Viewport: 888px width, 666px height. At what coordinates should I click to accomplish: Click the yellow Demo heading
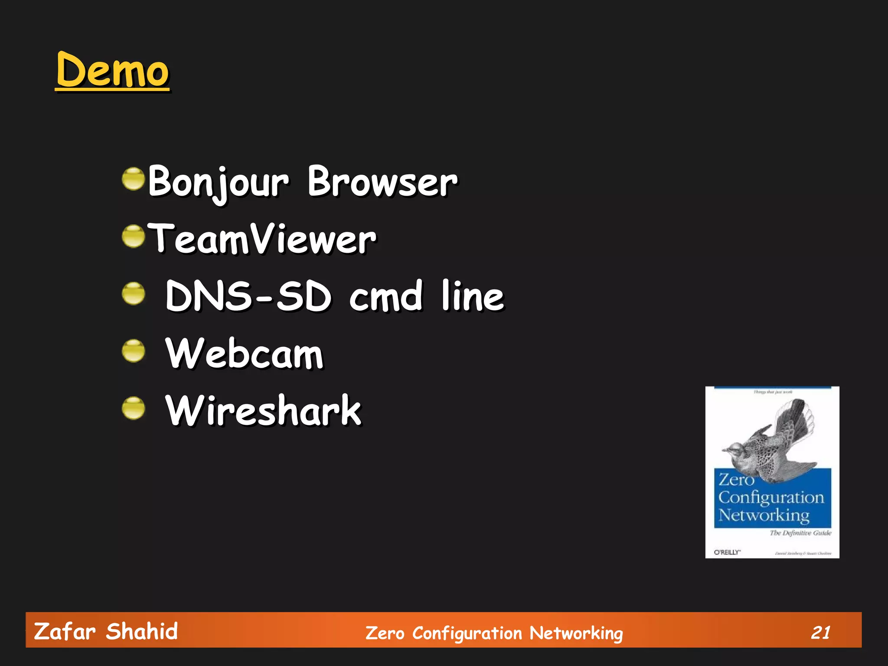[x=112, y=70]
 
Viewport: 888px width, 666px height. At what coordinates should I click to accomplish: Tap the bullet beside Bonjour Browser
[x=133, y=179]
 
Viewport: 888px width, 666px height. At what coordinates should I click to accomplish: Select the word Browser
[x=382, y=182]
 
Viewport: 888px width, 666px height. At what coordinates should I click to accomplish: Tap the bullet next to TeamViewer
[x=133, y=236]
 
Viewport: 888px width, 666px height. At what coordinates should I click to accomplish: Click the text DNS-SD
[x=248, y=296]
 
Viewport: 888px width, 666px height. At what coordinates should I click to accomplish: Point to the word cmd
[x=385, y=296]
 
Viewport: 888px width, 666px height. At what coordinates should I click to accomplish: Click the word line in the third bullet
[x=473, y=296]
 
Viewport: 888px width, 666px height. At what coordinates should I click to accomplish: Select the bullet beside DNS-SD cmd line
[x=133, y=294]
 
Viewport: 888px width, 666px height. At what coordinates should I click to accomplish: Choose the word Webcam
[x=244, y=353]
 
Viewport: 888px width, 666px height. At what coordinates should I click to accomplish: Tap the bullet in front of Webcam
[x=133, y=351]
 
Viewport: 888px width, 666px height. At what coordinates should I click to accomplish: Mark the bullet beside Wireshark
[x=133, y=408]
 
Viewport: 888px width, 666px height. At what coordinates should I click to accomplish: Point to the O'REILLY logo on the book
[x=727, y=552]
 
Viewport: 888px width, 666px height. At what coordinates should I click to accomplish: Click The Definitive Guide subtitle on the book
[x=800, y=533]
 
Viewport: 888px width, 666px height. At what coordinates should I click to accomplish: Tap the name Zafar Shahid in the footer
[x=106, y=631]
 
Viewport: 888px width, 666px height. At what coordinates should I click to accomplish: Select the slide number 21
[x=820, y=633]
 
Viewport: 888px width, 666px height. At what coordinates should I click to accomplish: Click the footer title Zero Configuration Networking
[x=494, y=633]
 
